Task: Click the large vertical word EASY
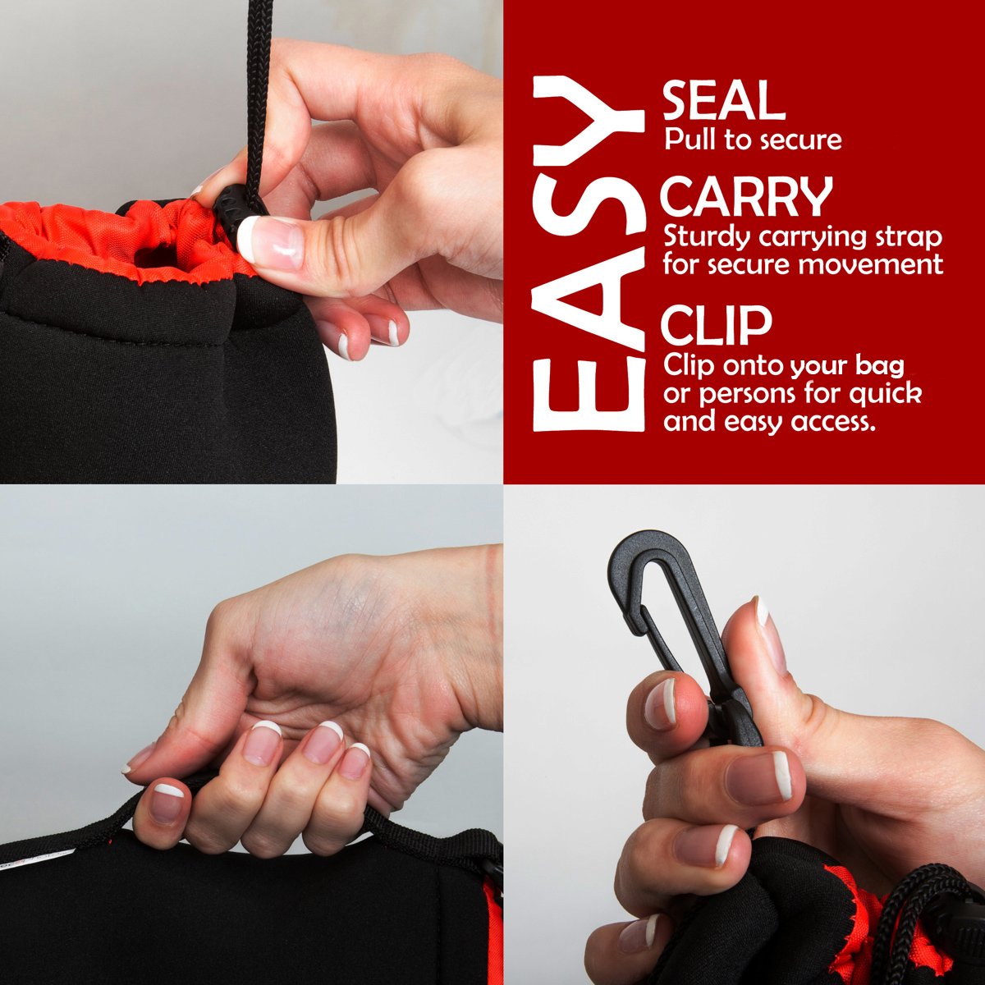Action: click(x=588, y=253)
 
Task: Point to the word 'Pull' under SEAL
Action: click(x=689, y=139)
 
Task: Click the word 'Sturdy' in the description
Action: click(x=707, y=239)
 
